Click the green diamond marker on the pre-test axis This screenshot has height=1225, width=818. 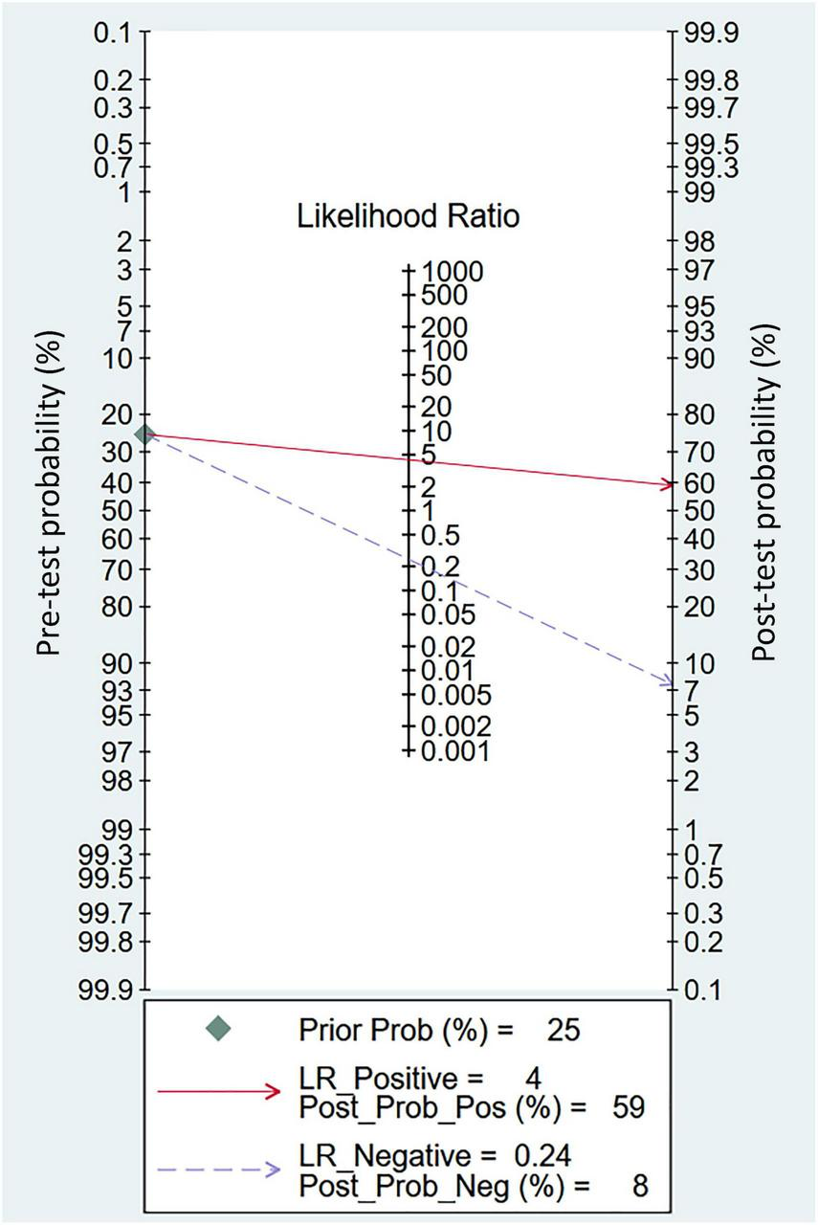coord(144,434)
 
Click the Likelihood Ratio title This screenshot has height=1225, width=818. coord(409,217)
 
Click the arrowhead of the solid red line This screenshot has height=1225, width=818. coord(668,484)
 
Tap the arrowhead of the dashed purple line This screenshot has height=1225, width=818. coord(668,682)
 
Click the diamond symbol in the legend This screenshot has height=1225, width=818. coord(219,1030)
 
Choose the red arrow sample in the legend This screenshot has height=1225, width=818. coord(219,1091)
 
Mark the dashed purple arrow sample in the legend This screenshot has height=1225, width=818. coord(219,1169)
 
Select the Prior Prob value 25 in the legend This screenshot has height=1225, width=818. coord(563,1030)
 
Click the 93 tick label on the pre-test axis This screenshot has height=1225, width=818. coord(116,689)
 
